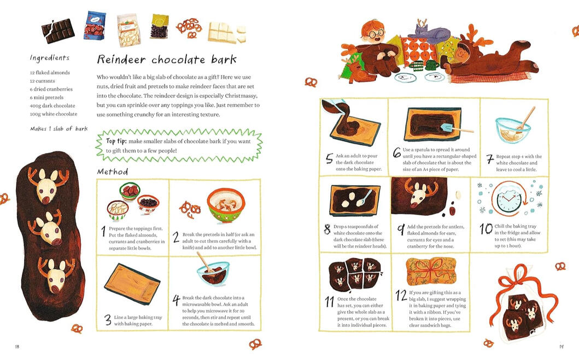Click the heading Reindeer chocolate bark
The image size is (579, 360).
click(x=167, y=60)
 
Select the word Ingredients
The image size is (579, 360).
click(x=50, y=58)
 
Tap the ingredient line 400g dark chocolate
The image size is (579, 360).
click(x=52, y=105)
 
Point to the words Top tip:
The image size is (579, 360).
click(x=116, y=141)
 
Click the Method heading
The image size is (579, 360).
click(x=113, y=172)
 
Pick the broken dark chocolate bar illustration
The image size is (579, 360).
click(x=58, y=31)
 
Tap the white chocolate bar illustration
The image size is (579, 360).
click(x=227, y=33)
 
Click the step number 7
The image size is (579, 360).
click(x=490, y=159)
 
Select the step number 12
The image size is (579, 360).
click(x=401, y=296)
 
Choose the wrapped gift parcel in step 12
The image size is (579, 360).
click(x=431, y=272)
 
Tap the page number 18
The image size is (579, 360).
click(x=17, y=346)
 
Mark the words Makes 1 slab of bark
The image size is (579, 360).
click(x=59, y=129)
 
